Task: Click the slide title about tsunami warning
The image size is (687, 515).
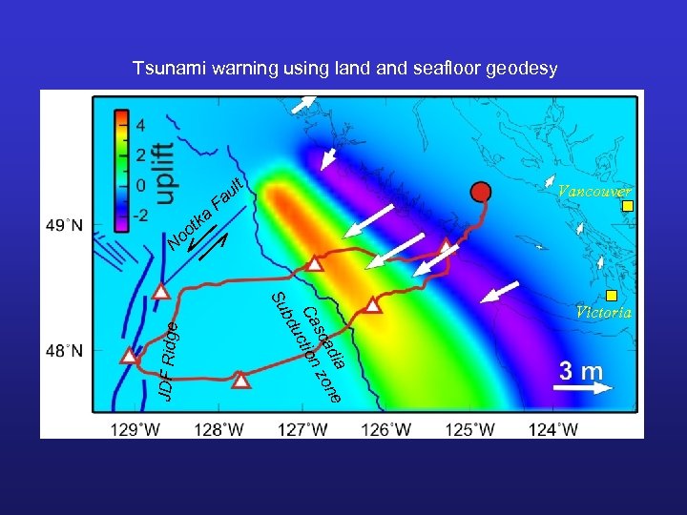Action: pyautogui.click(x=344, y=69)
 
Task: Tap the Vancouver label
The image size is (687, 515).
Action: pyautogui.click(x=593, y=191)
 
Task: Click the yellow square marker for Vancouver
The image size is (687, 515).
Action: pyautogui.click(x=627, y=206)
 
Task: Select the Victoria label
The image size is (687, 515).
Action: pyautogui.click(x=603, y=312)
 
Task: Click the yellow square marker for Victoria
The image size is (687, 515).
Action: pyautogui.click(x=612, y=295)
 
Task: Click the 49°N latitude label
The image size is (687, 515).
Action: pyautogui.click(x=64, y=226)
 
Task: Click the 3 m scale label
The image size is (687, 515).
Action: pyautogui.click(x=580, y=370)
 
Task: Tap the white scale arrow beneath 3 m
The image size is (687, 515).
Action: pyautogui.click(x=584, y=388)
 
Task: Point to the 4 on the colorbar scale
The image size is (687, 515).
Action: pyautogui.click(x=139, y=125)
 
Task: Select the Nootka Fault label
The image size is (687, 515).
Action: pyautogui.click(x=206, y=214)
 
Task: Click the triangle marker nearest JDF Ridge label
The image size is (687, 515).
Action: pyautogui.click(x=129, y=356)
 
